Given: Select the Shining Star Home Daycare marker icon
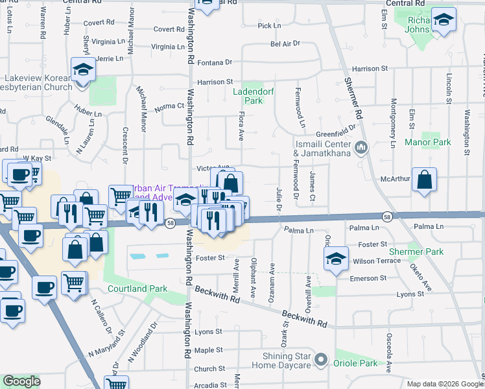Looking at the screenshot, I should [320, 359].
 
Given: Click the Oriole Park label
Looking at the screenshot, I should [355, 363].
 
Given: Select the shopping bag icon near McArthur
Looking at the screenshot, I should [424, 180].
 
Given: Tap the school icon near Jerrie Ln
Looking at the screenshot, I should [83, 69].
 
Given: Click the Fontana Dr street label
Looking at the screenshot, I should [215, 62].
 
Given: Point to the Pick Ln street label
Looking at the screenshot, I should [269, 26].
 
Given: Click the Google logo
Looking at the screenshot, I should [21, 381].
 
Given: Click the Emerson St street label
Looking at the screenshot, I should [368, 277].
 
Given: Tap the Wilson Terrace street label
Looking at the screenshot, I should [376, 261].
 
